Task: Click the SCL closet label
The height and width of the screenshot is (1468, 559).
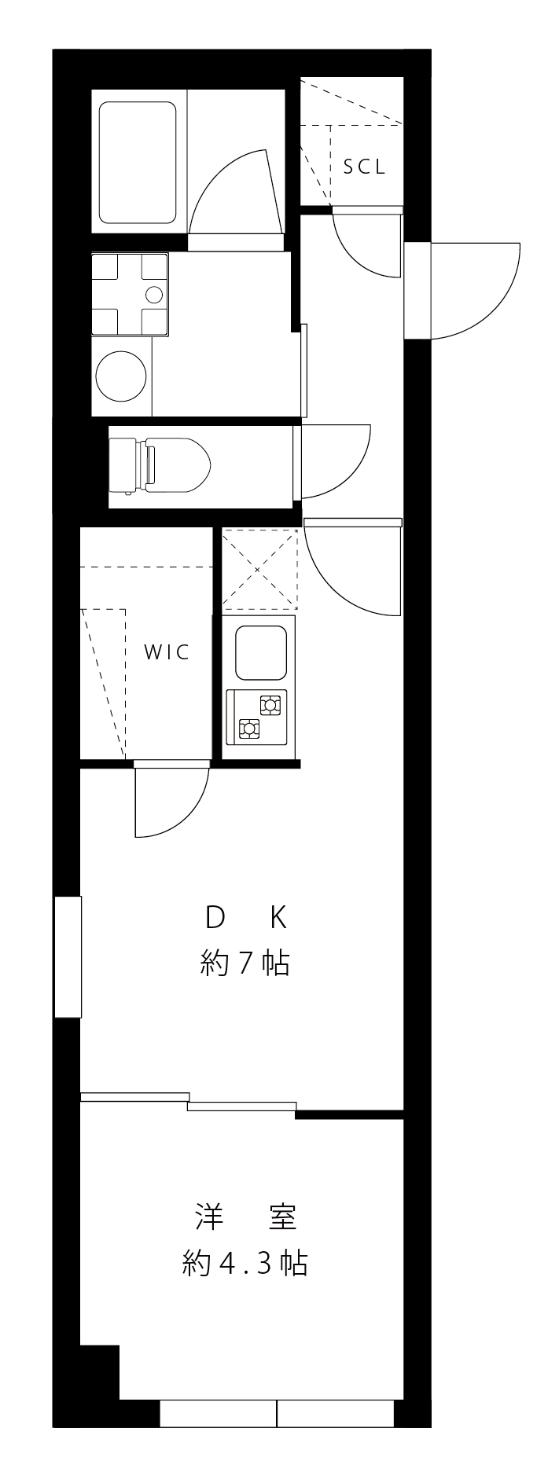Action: click(x=364, y=167)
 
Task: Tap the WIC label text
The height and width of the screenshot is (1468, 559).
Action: click(x=167, y=652)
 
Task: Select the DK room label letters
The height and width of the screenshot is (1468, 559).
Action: click(x=245, y=916)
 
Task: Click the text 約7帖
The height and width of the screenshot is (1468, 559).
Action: click(x=245, y=963)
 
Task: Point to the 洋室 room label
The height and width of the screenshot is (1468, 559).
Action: click(x=245, y=1217)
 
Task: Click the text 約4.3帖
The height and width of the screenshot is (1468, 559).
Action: click(x=245, y=1264)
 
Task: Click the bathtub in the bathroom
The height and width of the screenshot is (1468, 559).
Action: click(x=137, y=162)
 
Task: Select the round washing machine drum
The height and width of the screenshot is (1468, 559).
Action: click(x=121, y=376)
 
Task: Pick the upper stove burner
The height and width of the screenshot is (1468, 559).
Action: click(x=270, y=705)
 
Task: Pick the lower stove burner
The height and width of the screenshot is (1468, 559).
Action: click(x=249, y=729)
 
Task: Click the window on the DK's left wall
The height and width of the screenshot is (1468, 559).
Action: click(x=68, y=956)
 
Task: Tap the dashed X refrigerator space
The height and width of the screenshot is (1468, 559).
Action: click(x=260, y=570)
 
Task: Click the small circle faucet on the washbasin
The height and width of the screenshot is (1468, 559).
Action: click(x=154, y=295)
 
